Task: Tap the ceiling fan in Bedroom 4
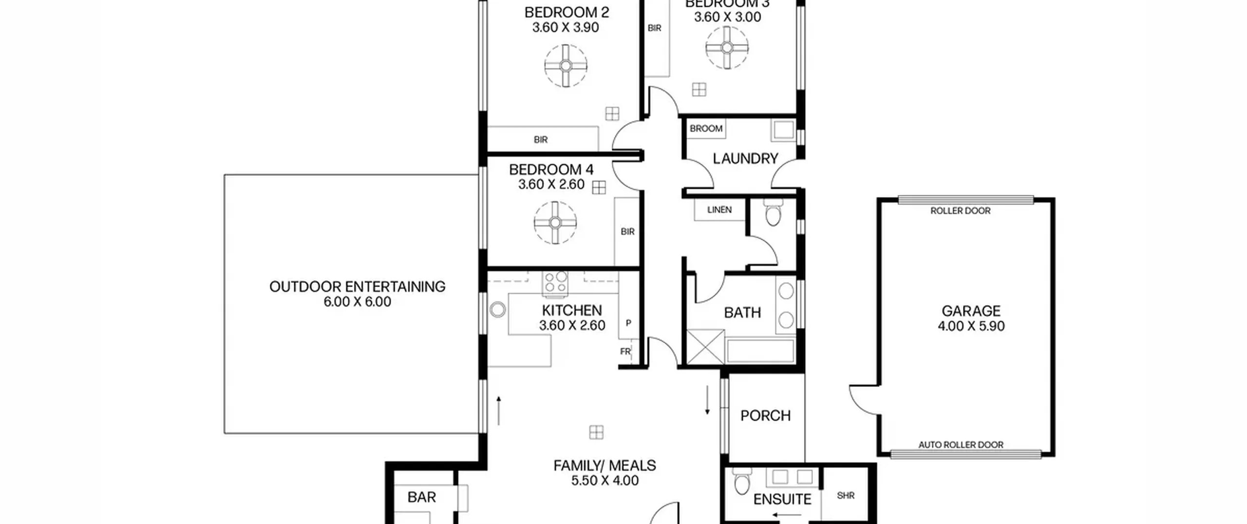(x=555, y=223)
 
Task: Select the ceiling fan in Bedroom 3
(x=727, y=48)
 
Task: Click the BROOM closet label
(x=706, y=129)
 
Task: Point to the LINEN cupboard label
(x=719, y=210)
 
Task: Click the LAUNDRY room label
(x=745, y=158)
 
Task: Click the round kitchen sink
(x=497, y=310)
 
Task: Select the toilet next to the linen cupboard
(x=773, y=213)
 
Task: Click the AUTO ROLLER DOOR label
(x=961, y=445)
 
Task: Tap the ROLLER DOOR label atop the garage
(x=961, y=211)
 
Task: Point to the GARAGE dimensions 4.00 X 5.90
(x=971, y=326)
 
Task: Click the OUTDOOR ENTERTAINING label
(x=358, y=287)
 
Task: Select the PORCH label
(x=765, y=416)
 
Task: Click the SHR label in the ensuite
(x=846, y=496)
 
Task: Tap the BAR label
(x=422, y=497)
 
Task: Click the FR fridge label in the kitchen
(x=625, y=351)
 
